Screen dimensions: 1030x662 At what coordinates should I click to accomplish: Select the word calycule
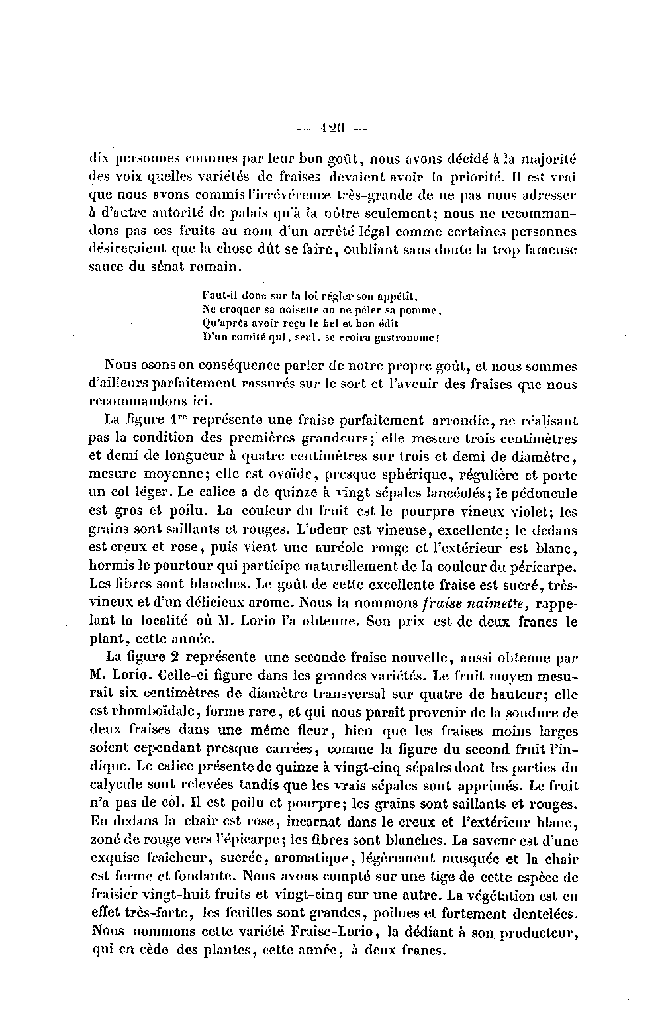pyautogui.click(x=113, y=786)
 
